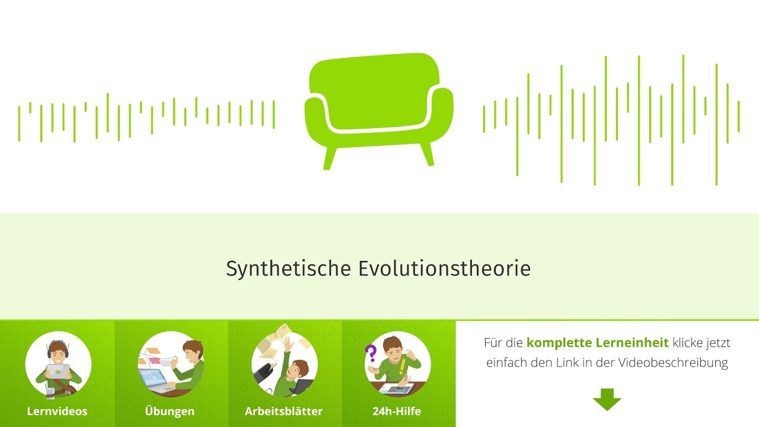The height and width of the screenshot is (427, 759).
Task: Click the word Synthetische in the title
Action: pyautogui.click(x=289, y=269)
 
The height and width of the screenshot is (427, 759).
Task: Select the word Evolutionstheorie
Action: pyautogui.click(x=444, y=269)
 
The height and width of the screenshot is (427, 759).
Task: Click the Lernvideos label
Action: pyautogui.click(x=57, y=411)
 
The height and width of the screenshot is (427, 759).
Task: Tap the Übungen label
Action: pyautogui.click(x=170, y=411)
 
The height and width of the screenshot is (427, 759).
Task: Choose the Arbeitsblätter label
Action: pyautogui.click(x=283, y=411)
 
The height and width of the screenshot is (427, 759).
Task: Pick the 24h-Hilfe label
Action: pyautogui.click(x=397, y=411)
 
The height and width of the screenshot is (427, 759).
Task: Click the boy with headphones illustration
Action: pyautogui.click(x=58, y=364)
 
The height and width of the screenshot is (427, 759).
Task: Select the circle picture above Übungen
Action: pyautogui.click(x=171, y=364)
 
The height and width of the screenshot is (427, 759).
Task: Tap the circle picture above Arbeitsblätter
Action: pyautogui.click(x=285, y=364)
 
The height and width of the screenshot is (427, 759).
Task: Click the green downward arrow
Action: pyautogui.click(x=607, y=400)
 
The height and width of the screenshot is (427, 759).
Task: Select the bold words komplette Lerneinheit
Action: pyautogui.click(x=597, y=343)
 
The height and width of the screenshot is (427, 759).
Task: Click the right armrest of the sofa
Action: pyautogui.click(x=442, y=113)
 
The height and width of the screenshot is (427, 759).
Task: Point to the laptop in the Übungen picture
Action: pyautogui.click(x=152, y=378)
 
